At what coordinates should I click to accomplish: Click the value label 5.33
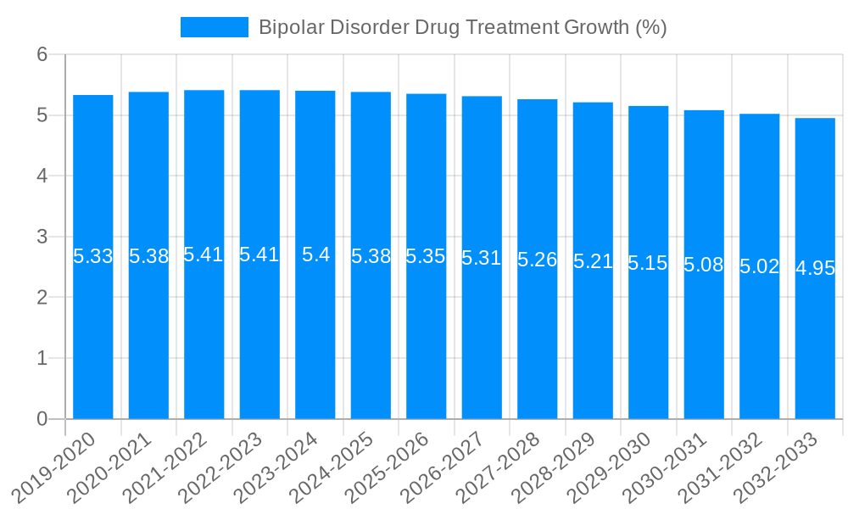pyautogui.click(x=93, y=256)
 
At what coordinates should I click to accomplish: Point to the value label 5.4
pyautogui.click(x=315, y=255)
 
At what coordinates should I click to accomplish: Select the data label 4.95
pyautogui.click(x=815, y=269)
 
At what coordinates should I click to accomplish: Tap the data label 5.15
pyautogui.click(x=649, y=263)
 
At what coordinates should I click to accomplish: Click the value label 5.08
pyautogui.click(x=704, y=265)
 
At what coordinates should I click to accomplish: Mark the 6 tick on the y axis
pyautogui.click(x=42, y=54)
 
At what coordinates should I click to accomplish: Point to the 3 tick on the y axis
pyautogui.click(x=42, y=237)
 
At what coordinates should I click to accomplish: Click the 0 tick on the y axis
pyautogui.click(x=42, y=419)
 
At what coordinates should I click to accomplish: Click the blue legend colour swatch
pyautogui.click(x=215, y=27)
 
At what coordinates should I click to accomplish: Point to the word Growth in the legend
pyautogui.click(x=597, y=27)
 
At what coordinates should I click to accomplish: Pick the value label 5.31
pyautogui.click(x=482, y=258)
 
